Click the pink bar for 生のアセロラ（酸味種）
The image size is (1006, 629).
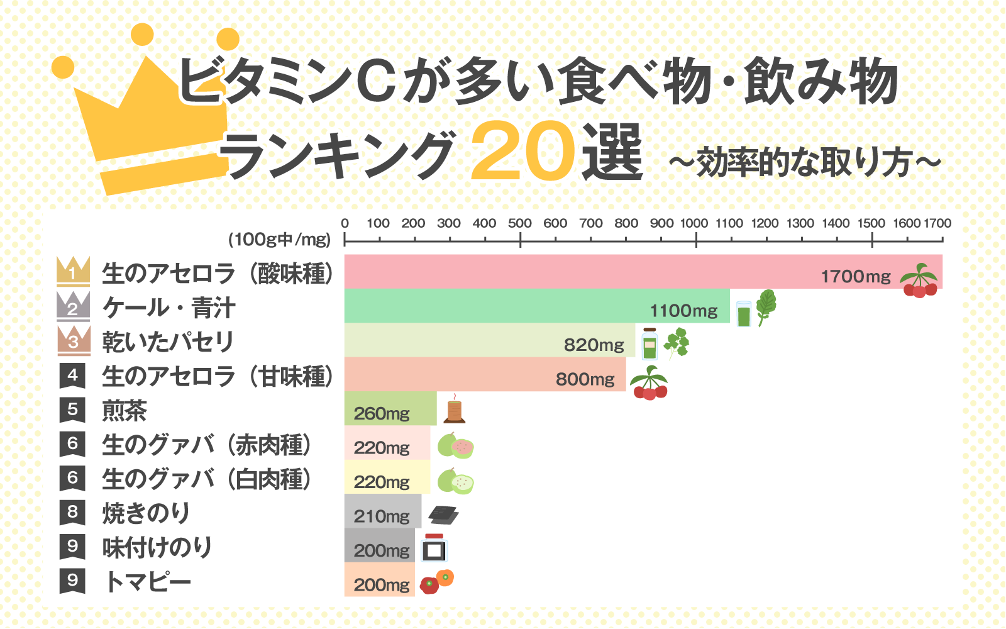(x=566, y=272)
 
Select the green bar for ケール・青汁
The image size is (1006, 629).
(x=503, y=306)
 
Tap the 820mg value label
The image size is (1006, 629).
(x=594, y=345)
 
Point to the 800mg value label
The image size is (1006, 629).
(x=585, y=379)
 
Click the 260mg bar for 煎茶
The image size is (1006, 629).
(x=390, y=409)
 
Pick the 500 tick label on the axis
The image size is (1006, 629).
(x=520, y=223)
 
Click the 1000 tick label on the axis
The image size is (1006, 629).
(x=694, y=223)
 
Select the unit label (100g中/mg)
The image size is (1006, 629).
(x=279, y=240)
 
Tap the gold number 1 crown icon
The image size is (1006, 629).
(x=73, y=270)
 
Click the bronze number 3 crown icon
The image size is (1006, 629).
(x=73, y=340)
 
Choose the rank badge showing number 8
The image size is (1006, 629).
(x=72, y=512)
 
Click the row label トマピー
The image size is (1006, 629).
(x=148, y=582)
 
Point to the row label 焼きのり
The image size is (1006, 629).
(x=146, y=513)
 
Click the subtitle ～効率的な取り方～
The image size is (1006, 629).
(x=805, y=162)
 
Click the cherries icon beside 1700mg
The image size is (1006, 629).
(x=919, y=281)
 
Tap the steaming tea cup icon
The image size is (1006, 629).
(x=454, y=410)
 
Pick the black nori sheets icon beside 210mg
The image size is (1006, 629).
(x=443, y=515)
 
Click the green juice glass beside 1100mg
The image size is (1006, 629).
(x=744, y=313)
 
